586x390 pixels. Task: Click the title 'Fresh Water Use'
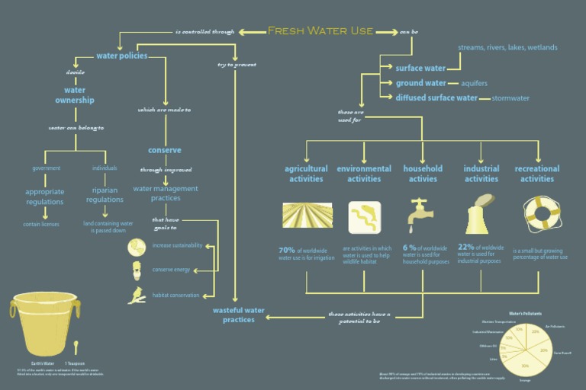320,31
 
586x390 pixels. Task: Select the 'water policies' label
121,56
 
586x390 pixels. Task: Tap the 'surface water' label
420,69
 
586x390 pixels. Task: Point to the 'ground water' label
420,83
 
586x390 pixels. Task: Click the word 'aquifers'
474,83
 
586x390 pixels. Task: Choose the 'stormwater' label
510,98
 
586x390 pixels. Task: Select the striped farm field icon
305,217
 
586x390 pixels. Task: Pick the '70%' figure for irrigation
287,250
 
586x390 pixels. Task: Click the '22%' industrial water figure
466,248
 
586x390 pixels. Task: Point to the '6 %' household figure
410,248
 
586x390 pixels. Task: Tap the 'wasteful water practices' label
239,315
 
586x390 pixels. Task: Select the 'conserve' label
164,150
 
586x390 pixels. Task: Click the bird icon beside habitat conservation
137,295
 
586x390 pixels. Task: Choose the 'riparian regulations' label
105,195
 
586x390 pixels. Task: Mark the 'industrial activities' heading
481,174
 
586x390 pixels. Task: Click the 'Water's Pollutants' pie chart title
525,313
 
